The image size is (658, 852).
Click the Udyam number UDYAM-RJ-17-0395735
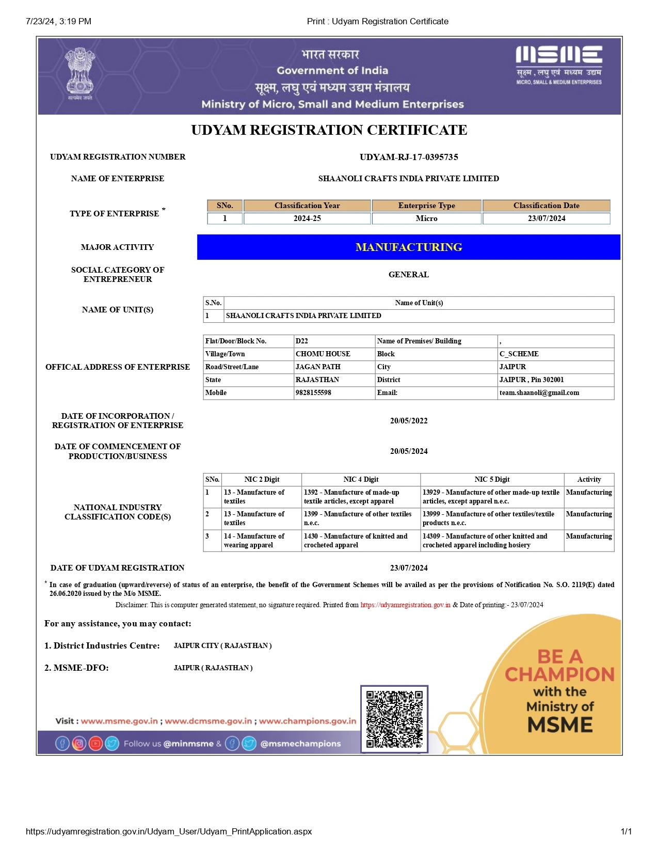point(409,157)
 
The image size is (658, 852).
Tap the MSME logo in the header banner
point(559,64)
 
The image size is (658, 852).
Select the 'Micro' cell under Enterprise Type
point(426,218)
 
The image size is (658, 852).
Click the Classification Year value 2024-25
point(307,218)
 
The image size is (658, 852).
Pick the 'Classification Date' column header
point(546,206)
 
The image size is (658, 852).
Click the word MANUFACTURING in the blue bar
point(409,247)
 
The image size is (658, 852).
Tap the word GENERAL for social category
point(409,275)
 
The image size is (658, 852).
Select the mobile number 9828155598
point(313,393)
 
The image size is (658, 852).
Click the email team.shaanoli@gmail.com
point(539,393)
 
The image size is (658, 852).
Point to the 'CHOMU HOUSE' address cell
point(323,354)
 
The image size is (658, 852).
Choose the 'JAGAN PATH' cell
point(318,367)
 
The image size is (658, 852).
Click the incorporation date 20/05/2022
point(409,421)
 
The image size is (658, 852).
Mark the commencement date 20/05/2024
point(409,451)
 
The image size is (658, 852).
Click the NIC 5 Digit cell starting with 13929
point(491,497)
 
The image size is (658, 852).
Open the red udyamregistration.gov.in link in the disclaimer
point(405,605)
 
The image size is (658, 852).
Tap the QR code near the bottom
point(394,719)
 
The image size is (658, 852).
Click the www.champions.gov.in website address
point(308,721)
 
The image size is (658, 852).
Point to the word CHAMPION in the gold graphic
point(559,674)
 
